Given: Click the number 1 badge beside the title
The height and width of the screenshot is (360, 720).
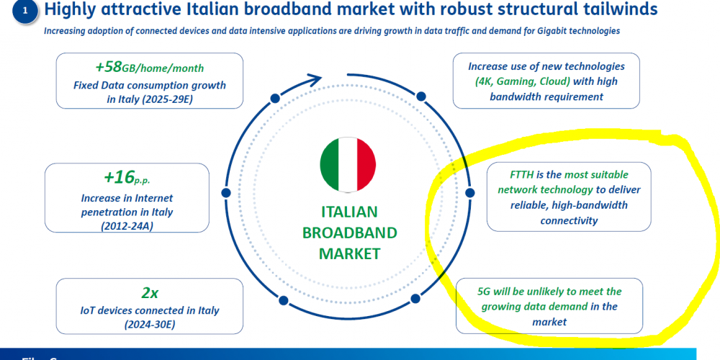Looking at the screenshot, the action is pos(24,11).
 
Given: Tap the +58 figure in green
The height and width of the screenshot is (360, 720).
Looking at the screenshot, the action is pos(109,67).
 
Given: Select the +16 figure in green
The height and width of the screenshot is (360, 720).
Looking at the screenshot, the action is pos(119,177).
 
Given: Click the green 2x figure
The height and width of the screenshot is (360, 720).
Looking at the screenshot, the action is pos(150,292).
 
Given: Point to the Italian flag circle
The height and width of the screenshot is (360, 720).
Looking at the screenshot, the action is pos(348,164).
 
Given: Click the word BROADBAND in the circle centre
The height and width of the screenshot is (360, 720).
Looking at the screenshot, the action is pos(349,233).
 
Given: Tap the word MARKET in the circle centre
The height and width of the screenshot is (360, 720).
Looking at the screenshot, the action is pos(349,253).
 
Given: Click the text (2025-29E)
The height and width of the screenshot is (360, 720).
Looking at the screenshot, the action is pos(150,99).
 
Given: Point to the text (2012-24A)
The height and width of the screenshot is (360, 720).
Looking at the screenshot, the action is pos(127,226).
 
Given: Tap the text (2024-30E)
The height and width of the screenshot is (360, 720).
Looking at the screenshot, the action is pos(150,325).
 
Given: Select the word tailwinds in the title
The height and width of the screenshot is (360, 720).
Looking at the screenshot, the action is pos(615,9).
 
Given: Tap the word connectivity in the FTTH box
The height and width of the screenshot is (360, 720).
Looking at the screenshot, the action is pos(569,220).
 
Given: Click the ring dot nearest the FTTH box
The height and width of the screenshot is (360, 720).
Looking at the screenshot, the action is pos(469,192).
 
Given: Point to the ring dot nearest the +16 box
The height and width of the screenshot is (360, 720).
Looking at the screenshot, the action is pos(225,193).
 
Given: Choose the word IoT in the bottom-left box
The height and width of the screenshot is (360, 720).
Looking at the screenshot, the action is pos(88,310).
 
